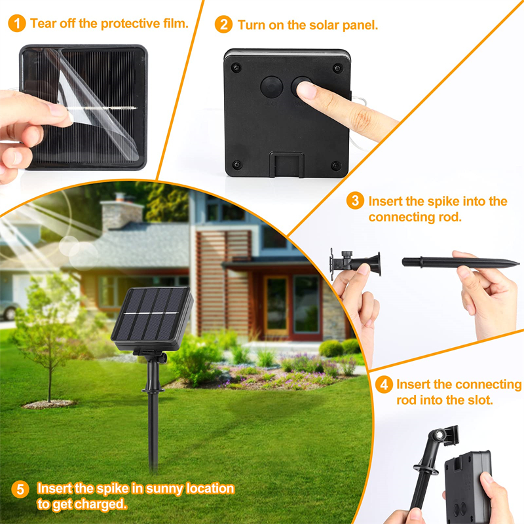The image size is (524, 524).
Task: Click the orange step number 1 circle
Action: pyautogui.click(x=18, y=24)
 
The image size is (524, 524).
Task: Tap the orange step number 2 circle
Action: pyautogui.click(x=223, y=25)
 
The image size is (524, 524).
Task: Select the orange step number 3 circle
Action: pyautogui.click(x=355, y=201)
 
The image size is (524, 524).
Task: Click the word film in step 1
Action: pyautogui.click(x=174, y=24)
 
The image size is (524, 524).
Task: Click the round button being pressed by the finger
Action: pyautogui.click(x=301, y=86)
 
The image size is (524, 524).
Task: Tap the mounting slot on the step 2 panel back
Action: pyautogui.click(x=287, y=164)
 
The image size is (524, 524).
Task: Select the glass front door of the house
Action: pyautogui.click(x=277, y=305)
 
